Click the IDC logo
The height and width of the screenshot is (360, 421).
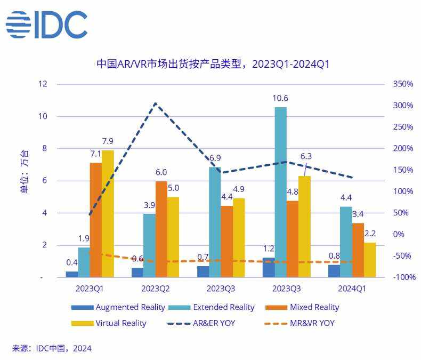[47, 25]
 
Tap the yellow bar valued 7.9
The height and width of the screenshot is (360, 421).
[108, 213]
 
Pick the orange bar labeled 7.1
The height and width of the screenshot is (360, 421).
[96, 220]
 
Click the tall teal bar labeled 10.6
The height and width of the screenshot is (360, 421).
[280, 192]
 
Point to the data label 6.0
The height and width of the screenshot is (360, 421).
[161, 172]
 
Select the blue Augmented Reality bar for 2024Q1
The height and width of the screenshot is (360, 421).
[334, 271]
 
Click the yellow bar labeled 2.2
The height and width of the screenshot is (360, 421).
[369, 260]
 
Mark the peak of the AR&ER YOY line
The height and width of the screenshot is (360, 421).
[155, 103]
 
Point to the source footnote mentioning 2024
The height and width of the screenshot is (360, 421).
[52, 348]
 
